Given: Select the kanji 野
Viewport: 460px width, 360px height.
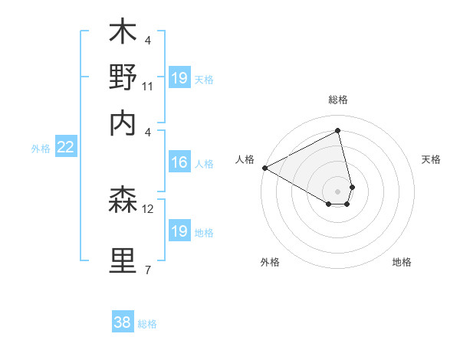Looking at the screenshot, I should click(123, 78).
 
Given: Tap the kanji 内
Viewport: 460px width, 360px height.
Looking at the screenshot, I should click(123, 122).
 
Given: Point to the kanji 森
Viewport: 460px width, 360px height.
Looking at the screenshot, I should click(123, 201).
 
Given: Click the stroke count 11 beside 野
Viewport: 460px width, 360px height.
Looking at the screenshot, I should click(148, 87).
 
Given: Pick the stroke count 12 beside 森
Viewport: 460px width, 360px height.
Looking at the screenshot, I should click(148, 208).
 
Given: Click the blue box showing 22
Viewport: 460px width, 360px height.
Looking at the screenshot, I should click(65, 148).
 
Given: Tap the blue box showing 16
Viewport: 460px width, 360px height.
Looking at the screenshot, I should click(179, 162).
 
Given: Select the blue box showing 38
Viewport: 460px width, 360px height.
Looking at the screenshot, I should click(123, 322).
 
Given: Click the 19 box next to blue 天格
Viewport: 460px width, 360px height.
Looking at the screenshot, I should click(179, 78).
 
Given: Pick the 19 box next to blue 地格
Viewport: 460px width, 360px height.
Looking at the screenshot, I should click(179, 231).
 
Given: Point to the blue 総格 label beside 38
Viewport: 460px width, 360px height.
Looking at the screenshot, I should click(147, 324).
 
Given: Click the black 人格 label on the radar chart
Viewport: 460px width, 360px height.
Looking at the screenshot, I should click(245, 159).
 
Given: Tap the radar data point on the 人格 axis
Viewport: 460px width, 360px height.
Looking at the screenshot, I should click(264, 167).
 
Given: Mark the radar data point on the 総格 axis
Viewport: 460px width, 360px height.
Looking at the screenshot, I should click(337, 131).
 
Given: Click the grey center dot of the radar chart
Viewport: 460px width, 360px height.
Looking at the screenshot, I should click(337, 191).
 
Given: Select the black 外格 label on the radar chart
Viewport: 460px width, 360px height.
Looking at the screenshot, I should click(270, 262).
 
